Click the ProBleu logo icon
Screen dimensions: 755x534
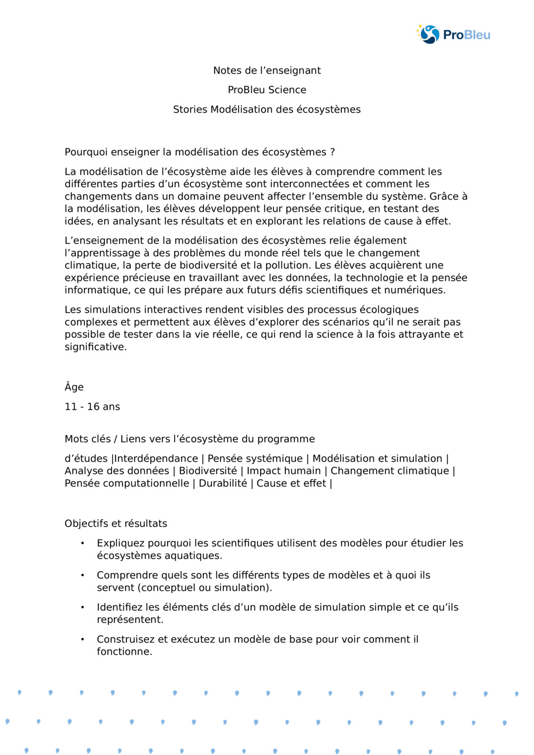(x=429, y=35)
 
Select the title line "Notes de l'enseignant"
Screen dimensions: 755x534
(x=267, y=70)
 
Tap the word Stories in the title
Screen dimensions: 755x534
(x=190, y=109)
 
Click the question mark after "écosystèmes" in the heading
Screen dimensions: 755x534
(x=333, y=152)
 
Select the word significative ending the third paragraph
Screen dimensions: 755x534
(x=95, y=347)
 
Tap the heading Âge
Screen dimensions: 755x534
(x=74, y=387)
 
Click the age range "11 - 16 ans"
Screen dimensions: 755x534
(x=92, y=407)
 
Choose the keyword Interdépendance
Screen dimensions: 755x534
(x=156, y=458)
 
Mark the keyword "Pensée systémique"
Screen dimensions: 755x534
(x=255, y=458)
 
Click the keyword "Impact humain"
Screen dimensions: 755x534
(x=284, y=471)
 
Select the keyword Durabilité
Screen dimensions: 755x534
(x=223, y=483)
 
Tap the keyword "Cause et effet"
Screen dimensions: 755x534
(x=291, y=483)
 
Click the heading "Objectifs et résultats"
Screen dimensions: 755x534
(x=116, y=523)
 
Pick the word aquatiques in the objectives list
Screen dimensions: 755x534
(x=194, y=555)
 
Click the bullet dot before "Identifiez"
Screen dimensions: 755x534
(x=82, y=607)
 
